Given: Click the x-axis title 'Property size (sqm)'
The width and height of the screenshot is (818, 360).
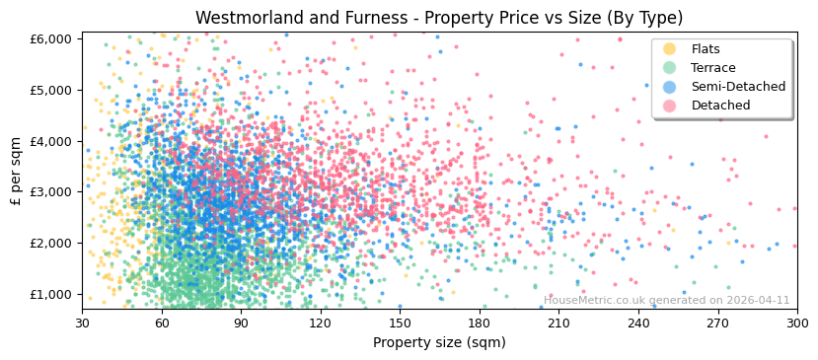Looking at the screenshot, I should (x=439, y=343).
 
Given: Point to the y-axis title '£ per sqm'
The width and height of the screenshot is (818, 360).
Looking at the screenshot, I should (x=17, y=172).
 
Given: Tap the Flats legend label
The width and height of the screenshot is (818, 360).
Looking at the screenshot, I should (x=706, y=49).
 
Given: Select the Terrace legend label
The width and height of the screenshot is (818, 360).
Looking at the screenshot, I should (x=713, y=68).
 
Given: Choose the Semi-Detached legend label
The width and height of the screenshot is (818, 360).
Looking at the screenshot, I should (x=738, y=87).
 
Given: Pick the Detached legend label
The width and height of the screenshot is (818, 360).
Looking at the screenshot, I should (x=720, y=106).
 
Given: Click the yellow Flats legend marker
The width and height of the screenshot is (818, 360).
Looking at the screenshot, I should (x=670, y=49).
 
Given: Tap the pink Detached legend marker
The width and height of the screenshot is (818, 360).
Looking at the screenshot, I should (x=670, y=106).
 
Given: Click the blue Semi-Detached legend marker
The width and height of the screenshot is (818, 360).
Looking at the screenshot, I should (x=670, y=87).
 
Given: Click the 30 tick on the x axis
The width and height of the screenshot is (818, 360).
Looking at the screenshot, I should (x=82, y=323).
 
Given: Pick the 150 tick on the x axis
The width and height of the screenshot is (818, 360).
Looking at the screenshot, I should (x=400, y=323).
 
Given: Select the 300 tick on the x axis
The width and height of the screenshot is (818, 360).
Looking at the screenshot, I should (x=796, y=323).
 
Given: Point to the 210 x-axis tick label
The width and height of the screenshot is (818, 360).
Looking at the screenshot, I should (x=558, y=323).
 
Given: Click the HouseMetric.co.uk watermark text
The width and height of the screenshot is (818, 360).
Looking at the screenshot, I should (x=667, y=301).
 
